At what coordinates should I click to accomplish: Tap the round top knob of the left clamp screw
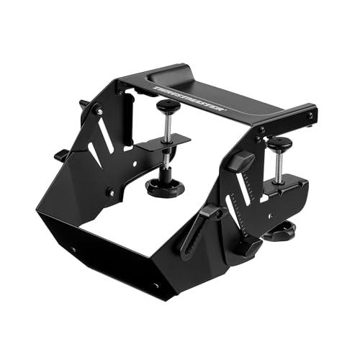168,106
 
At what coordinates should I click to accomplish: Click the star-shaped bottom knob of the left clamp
165,188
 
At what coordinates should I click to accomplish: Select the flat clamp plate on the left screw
163,143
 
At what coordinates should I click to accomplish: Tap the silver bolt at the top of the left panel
99,112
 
